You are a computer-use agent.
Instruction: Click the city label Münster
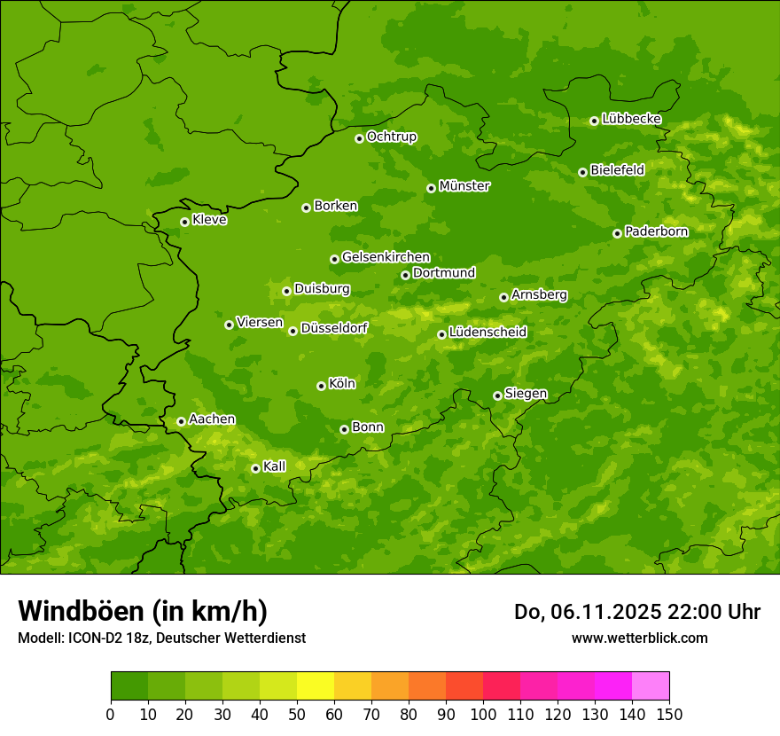pyautogui.click(x=464, y=186)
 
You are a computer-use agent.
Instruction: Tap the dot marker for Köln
pyautogui.click(x=321, y=386)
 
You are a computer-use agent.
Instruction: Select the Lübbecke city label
pyautogui.click(x=631, y=119)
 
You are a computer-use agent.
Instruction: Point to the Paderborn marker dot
pyautogui.click(x=617, y=233)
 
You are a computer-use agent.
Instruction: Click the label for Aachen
pyautogui.click(x=212, y=419)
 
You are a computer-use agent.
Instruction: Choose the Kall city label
pyautogui.click(x=275, y=466)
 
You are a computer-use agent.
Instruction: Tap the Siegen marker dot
pyautogui.click(x=497, y=395)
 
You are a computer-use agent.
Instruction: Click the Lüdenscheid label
pyautogui.click(x=487, y=333)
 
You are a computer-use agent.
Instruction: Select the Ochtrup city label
pyautogui.click(x=392, y=137)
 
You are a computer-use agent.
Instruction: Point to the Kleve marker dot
pyautogui.click(x=184, y=222)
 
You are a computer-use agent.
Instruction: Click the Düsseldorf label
pyautogui.click(x=334, y=328)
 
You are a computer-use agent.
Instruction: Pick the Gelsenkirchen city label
pyautogui.click(x=386, y=257)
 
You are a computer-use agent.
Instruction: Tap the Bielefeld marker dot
pyautogui.click(x=582, y=172)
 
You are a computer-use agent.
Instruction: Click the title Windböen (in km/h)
pyautogui.click(x=143, y=611)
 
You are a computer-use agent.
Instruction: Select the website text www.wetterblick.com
pyautogui.click(x=639, y=638)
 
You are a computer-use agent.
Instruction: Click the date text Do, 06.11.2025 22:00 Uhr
pyautogui.click(x=637, y=612)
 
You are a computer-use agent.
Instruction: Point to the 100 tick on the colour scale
pyautogui.click(x=483, y=714)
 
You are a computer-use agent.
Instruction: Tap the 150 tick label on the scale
pyautogui.click(x=669, y=714)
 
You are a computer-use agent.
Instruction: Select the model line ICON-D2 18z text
pyautogui.click(x=161, y=638)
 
